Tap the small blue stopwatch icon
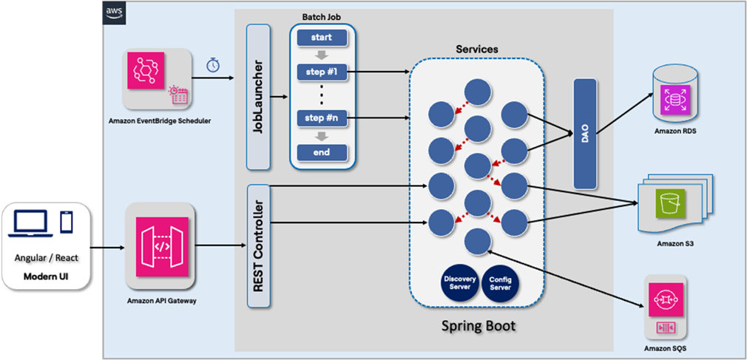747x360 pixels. click(213, 64)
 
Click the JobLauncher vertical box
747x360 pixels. click(257, 96)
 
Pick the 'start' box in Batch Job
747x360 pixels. click(322, 38)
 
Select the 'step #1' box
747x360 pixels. click(322, 72)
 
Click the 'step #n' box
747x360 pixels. click(322, 118)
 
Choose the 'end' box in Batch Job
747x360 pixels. click(322, 152)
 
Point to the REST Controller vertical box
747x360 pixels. click(258, 245)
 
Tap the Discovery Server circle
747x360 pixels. click(460, 282)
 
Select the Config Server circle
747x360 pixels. click(501, 282)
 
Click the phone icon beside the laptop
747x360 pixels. click(66, 221)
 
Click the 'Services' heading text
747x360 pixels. click(476, 50)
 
